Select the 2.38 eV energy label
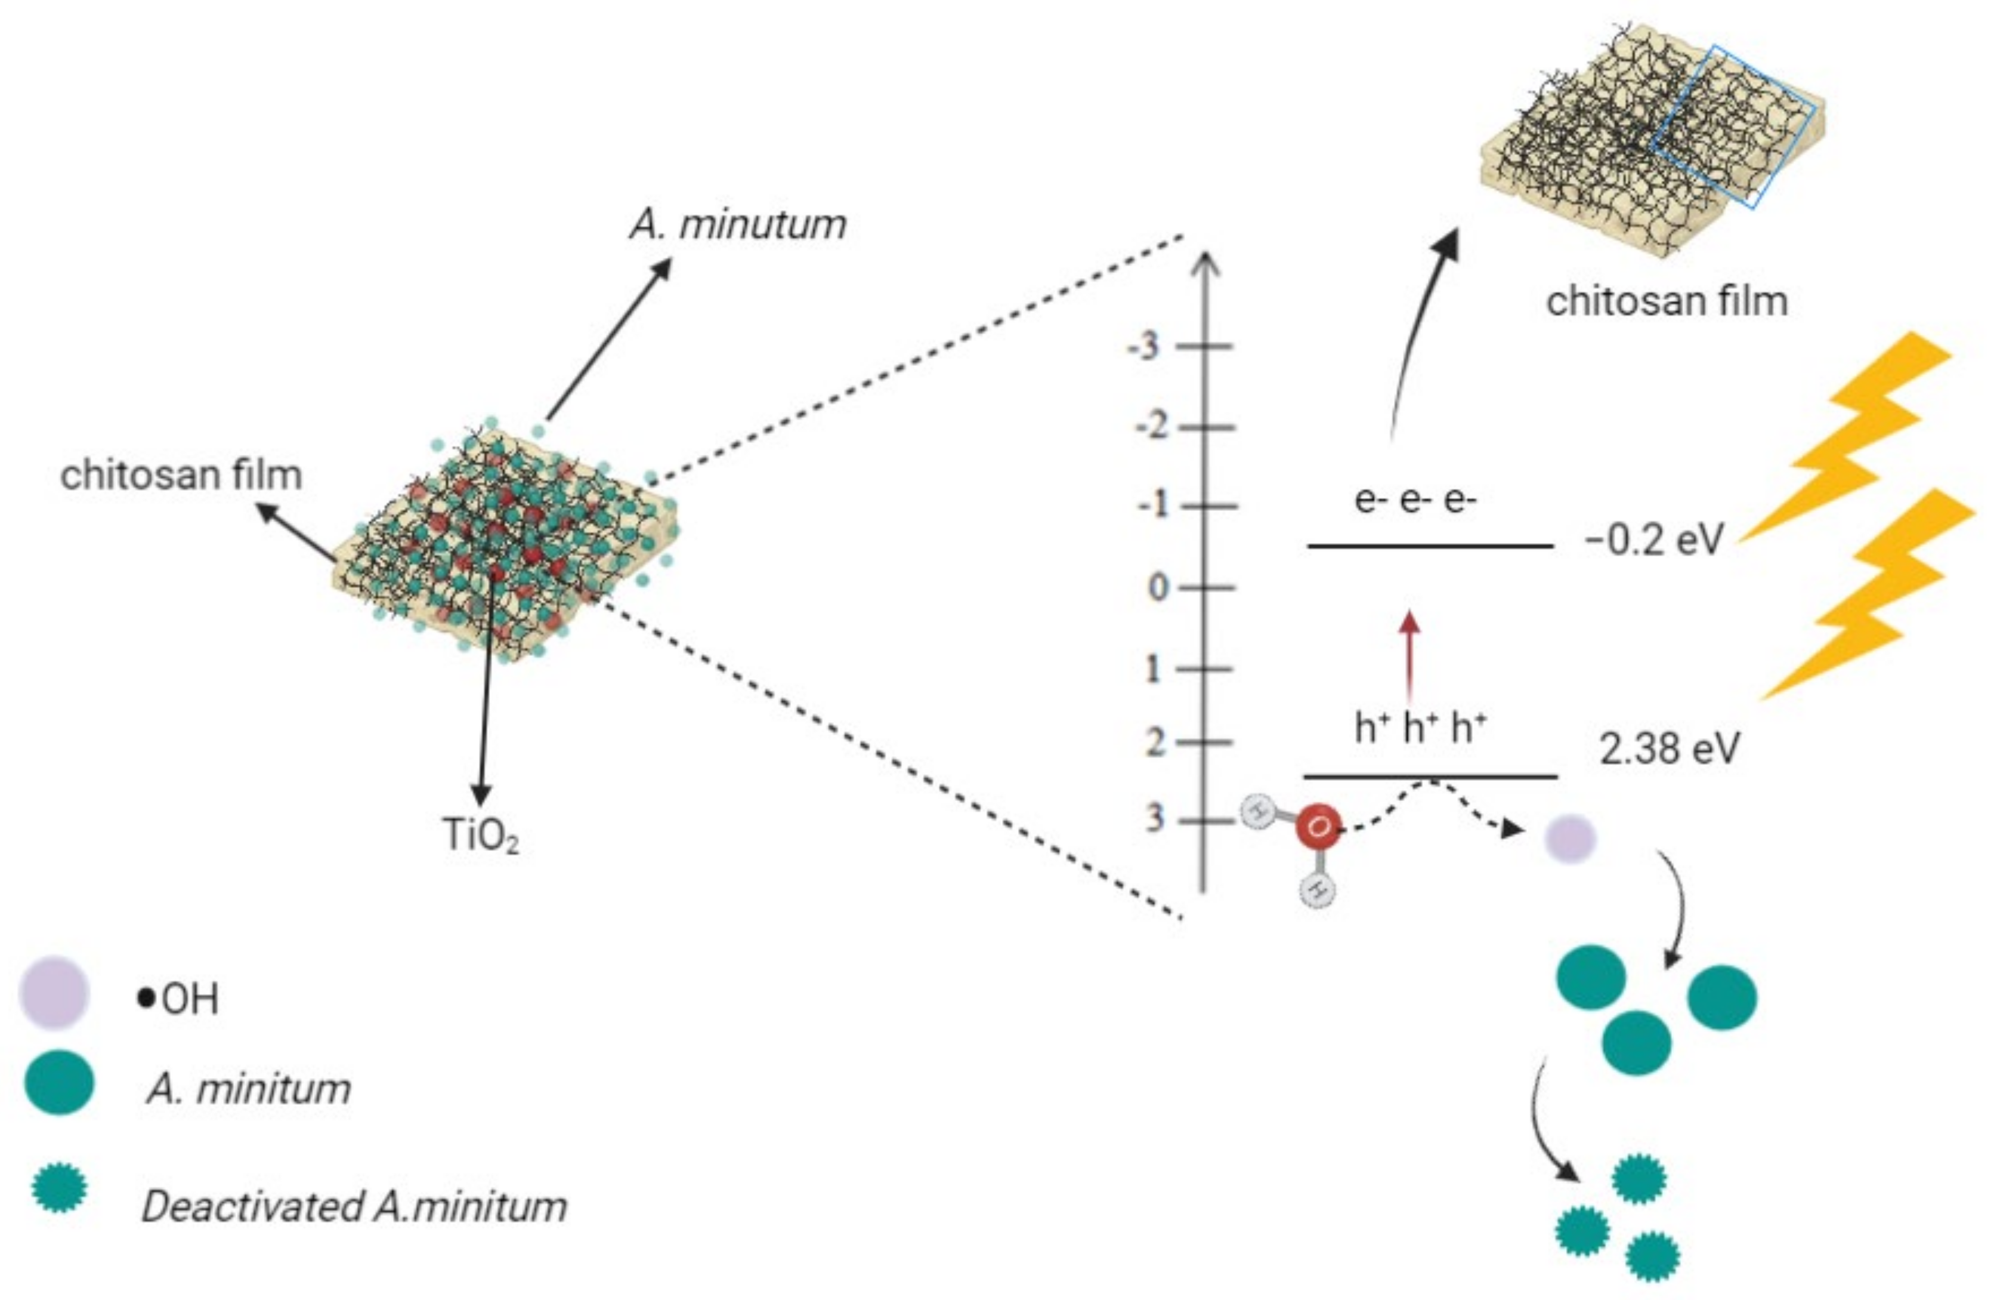click(1669, 748)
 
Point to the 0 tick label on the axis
click(1157, 587)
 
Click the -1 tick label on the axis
click(1152, 506)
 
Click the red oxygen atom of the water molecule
click(1317, 827)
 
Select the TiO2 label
click(480, 835)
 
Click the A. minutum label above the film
click(737, 224)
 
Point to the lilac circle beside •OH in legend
click(54, 993)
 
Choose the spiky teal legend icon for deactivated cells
click(58, 1187)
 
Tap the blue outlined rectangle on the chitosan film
click(1735, 126)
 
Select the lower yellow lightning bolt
click(1872, 595)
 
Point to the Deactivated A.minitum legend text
click(354, 1207)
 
